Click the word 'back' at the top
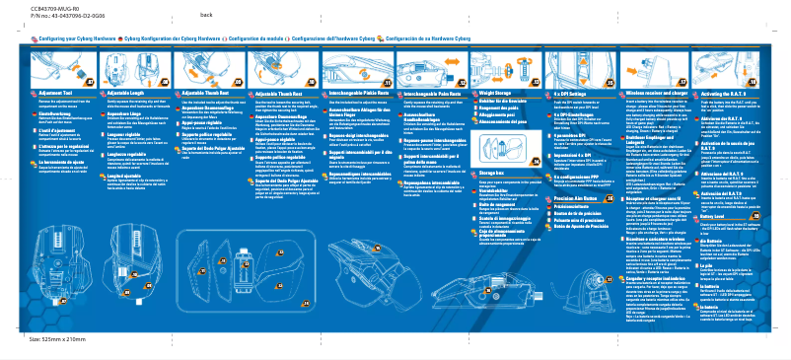click(x=206, y=16)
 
